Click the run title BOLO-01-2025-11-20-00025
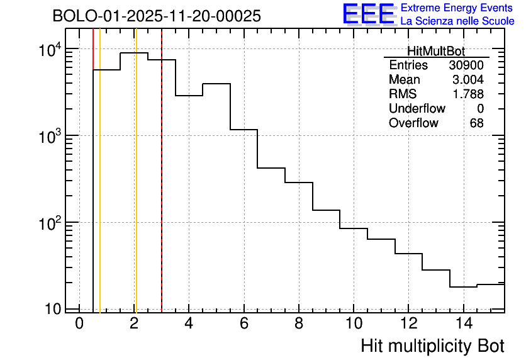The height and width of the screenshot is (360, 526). pyautogui.click(x=156, y=16)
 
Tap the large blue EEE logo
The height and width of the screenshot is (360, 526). pyautogui.click(x=369, y=14)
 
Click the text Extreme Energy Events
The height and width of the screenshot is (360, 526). pyautogui.click(x=457, y=8)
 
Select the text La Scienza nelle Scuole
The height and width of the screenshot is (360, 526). pyautogui.click(x=457, y=21)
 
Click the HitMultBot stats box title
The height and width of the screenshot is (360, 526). pyautogui.click(x=436, y=52)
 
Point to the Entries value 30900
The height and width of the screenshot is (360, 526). pyautogui.click(x=466, y=65)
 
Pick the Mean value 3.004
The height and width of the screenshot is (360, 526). pyautogui.click(x=468, y=80)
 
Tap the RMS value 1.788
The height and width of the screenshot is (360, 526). pyautogui.click(x=468, y=94)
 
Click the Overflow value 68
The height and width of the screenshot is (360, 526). pyautogui.click(x=476, y=123)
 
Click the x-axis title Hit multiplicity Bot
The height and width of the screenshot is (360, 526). pyautogui.click(x=432, y=346)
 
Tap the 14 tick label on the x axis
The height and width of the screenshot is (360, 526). pyautogui.click(x=463, y=324)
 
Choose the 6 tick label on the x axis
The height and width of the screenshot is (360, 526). pyautogui.click(x=244, y=324)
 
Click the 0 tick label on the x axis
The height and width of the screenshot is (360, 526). pyautogui.click(x=79, y=324)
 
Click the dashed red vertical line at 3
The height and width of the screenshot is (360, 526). pyautogui.click(x=162, y=189)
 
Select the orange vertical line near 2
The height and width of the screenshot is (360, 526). pyautogui.click(x=135, y=189)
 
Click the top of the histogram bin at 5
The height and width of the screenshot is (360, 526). pyautogui.click(x=216, y=84)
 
